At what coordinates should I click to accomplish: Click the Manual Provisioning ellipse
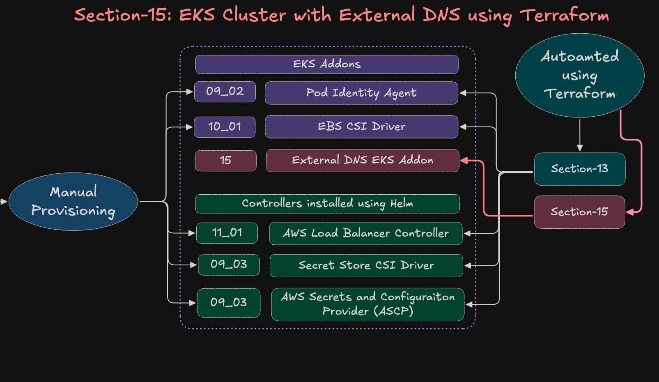click(73, 201)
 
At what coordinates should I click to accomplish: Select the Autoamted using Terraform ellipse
click(579, 75)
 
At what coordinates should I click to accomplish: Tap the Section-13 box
click(579, 169)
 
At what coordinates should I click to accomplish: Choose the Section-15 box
click(579, 212)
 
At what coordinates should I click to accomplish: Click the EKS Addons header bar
click(327, 64)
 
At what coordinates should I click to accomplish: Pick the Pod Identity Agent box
click(361, 93)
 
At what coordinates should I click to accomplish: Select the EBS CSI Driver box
click(361, 127)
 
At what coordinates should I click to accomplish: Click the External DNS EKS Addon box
click(362, 160)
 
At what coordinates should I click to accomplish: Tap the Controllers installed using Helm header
click(327, 204)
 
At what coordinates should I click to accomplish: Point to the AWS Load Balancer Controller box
click(365, 233)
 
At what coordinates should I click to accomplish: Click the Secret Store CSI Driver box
click(366, 265)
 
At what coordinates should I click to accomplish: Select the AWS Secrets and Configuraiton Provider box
click(367, 304)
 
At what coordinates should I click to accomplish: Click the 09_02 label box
click(225, 91)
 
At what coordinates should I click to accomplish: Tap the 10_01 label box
click(225, 127)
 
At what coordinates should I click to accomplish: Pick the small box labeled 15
click(225, 160)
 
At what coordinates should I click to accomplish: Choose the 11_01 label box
click(227, 233)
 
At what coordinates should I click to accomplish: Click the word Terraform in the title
click(565, 16)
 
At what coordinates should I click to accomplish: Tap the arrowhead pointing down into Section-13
click(580, 148)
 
